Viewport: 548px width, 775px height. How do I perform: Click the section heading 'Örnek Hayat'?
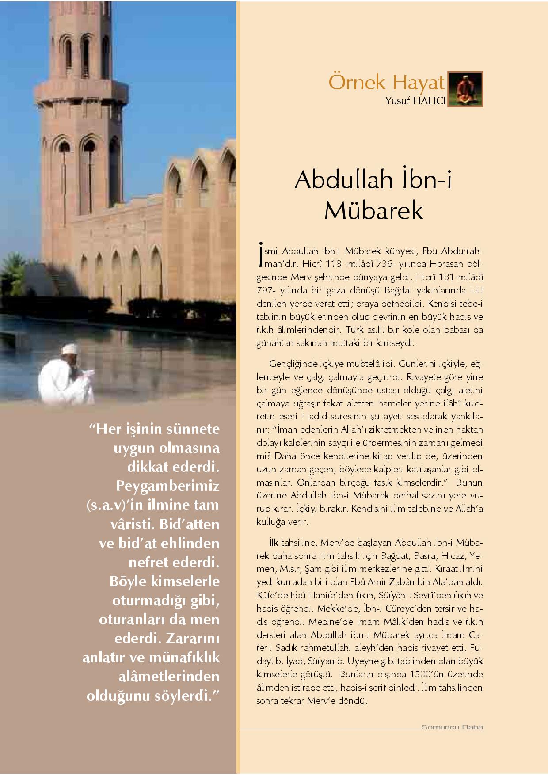point(386,83)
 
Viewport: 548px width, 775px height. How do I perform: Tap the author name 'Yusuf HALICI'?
point(415,101)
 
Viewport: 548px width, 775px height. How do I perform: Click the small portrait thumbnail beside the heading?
point(465,89)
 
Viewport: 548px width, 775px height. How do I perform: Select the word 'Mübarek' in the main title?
point(373,210)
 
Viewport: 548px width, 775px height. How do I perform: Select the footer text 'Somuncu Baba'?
point(452,726)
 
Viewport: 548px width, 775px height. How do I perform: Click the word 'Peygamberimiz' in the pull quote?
point(167,486)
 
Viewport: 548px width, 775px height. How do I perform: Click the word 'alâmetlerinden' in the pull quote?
point(169,676)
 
